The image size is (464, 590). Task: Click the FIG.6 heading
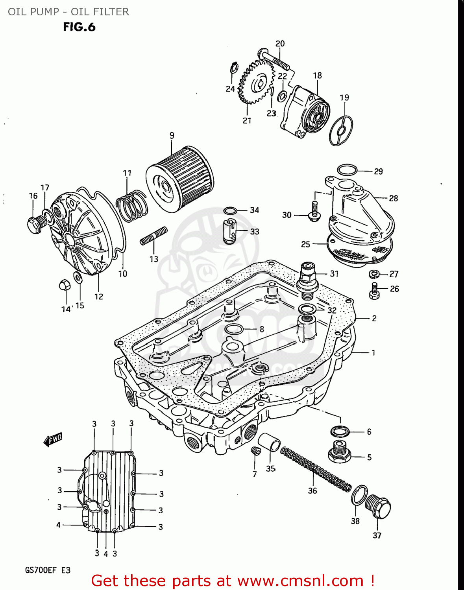[79, 27]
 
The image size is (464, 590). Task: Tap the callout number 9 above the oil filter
[172, 135]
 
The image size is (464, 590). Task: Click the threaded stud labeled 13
[154, 236]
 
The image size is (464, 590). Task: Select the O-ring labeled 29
[347, 170]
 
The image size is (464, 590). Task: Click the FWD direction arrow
[53, 439]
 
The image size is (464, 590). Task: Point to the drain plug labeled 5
[340, 452]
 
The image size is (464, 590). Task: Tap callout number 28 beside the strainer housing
[393, 198]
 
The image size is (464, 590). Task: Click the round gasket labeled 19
[341, 130]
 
